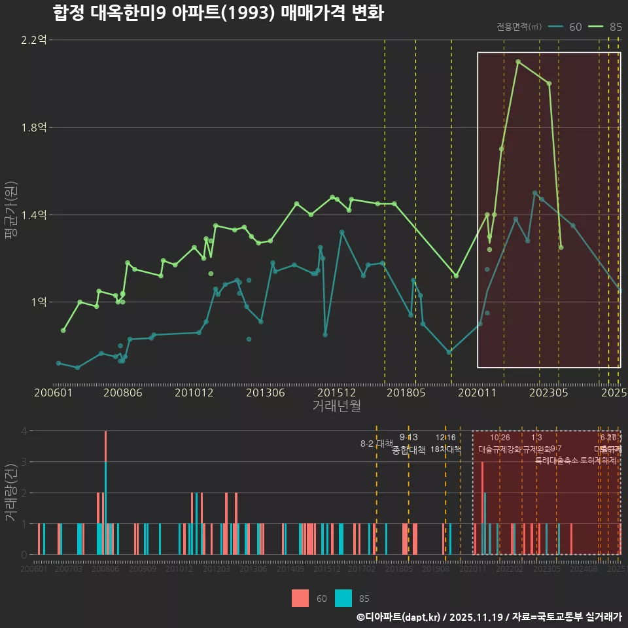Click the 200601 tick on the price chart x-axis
(x=53, y=392)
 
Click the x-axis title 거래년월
(x=336, y=406)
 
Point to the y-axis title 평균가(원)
(x=11, y=213)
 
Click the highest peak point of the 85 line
(x=518, y=62)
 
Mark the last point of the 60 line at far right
(x=620, y=290)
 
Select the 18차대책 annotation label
(x=445, y=449)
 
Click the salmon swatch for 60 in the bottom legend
(x=300, y=598)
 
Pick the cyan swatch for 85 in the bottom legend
(x=343, y=598)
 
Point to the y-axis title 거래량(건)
(x=11, y=492)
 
